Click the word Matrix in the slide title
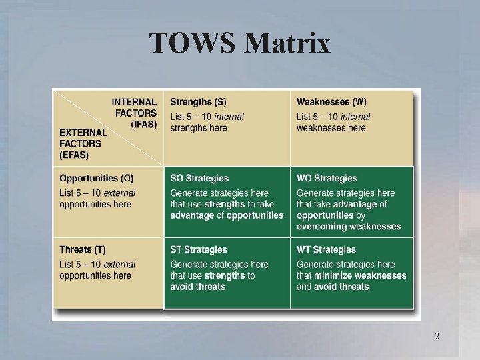coord(288,44)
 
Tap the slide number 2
coord(437,336)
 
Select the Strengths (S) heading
coord(198,102)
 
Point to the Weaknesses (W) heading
coord(331,102)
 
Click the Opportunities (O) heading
coord(96,178)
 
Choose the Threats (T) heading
coord(82,250)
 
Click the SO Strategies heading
coord(199,178)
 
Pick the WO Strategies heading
coord(327,178)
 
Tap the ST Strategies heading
coord(199,250)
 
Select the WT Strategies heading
coord(326,250)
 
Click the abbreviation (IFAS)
coord(143,124)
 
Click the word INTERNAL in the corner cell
coord(134,102)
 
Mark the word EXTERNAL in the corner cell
coord(83,133)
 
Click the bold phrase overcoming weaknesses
coord(349,227)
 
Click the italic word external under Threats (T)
coord(119,265)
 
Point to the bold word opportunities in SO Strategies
coord(255,215)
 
